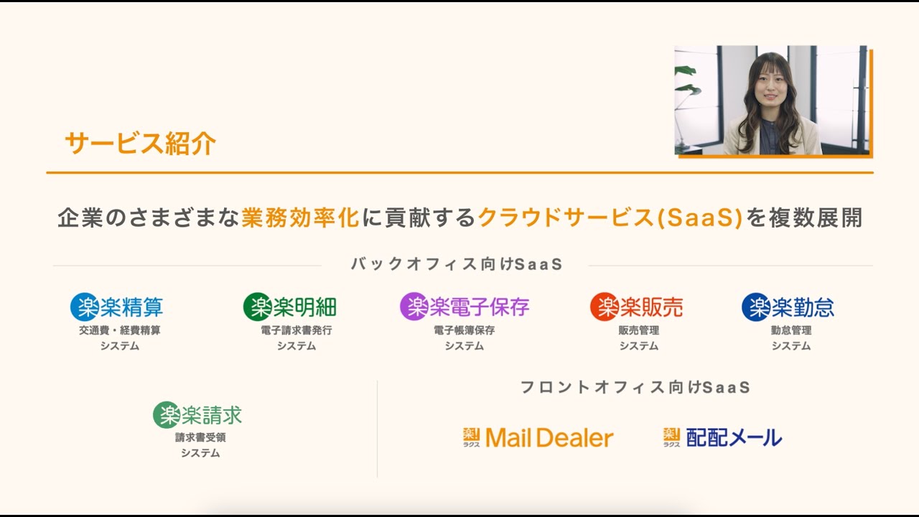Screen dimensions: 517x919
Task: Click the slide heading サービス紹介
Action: click(140, 144)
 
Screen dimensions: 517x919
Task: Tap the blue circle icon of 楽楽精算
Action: click(84, 307)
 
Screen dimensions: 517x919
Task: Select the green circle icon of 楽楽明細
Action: click(257, 307)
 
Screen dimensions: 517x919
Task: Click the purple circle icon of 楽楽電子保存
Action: click(414, 307)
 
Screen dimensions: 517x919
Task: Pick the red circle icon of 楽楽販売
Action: click(604, 307)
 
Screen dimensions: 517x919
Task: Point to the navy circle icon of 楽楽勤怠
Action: click(755, 307)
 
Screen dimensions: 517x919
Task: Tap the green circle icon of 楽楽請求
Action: click(167, 414)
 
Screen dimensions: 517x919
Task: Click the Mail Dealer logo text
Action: click(549, 438)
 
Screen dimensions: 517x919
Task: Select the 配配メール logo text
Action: click(734, 437)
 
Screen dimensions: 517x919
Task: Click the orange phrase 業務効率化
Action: click(300, 218)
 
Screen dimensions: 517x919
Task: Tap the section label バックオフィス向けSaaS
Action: click(457, 264)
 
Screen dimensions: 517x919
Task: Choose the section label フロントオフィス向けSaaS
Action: click(635, 388)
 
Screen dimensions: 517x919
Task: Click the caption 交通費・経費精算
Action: click(120, 331)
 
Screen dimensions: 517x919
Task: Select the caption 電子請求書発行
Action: click(297, 331)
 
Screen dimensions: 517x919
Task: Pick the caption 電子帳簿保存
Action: click(464, 331)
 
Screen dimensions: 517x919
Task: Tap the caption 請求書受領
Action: click(200, 437)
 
